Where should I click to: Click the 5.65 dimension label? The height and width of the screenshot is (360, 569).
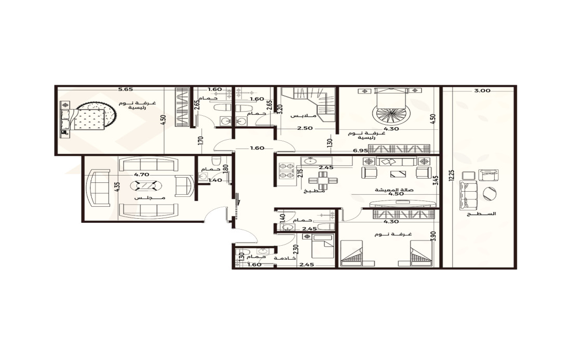pyautogui.click(x=126, y=89)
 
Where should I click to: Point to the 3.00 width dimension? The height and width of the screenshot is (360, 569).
pyautogui.click(x=482, y=91)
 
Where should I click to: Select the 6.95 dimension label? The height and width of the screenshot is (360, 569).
pyautogui.click(x=361, y=150)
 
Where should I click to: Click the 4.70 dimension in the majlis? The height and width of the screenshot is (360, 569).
pyautogui.click(x=142, y=175)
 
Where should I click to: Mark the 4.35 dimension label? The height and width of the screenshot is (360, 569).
pyautogui.click(x=116, y=186)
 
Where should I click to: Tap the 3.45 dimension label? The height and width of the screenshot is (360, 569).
pyautogui.click(x=436, y=181)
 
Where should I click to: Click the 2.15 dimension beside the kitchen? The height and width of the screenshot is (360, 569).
pyautogui.click(x=300, y=173)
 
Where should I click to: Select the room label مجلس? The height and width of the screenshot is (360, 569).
pyautogui.click(x=150, y=197)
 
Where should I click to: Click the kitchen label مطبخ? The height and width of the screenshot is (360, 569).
pyautogui.click(x=314, y=190)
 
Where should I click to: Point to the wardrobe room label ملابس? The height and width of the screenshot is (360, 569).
pyautogui.click(x=303, y=116)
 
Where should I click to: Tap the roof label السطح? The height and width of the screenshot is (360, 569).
pyautogui.click(x=482, y=214)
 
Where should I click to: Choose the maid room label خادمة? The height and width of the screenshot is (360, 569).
pyautogui.click(x=285, y=258)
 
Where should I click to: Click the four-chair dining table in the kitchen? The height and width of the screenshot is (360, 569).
pyautogui.click(x=323, y=180)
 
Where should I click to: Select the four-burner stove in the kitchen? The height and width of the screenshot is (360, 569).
pyautogui.click(x=286, y=171)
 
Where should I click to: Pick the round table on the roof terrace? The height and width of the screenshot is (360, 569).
pyautogui.click(x=490, y=193)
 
